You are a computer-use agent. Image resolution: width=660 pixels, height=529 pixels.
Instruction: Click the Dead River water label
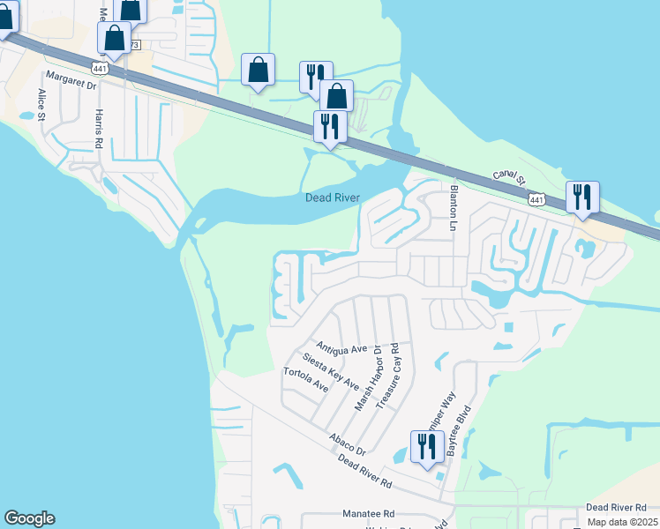[x=333, y=198]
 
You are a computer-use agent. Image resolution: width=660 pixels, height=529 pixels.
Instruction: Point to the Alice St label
[x=41, y=103]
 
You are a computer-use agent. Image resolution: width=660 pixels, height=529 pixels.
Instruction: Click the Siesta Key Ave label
[x=330, y=371]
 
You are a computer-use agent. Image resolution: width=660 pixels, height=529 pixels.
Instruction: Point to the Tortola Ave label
[x=306, y=380]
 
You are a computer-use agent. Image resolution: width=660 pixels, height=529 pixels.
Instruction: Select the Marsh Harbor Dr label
[x=366, y=377]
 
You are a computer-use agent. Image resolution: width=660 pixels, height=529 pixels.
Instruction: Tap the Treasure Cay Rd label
[x=389, y=376]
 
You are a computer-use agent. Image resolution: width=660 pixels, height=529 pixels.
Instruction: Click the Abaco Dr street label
[x=347, y=443]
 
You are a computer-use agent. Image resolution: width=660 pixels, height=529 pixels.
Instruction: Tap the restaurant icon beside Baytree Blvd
[x=427, y=448]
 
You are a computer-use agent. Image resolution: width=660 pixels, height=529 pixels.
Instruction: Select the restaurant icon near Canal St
[x=582, y=197]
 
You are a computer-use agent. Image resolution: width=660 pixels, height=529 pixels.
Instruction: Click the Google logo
[x=29, y=518]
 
